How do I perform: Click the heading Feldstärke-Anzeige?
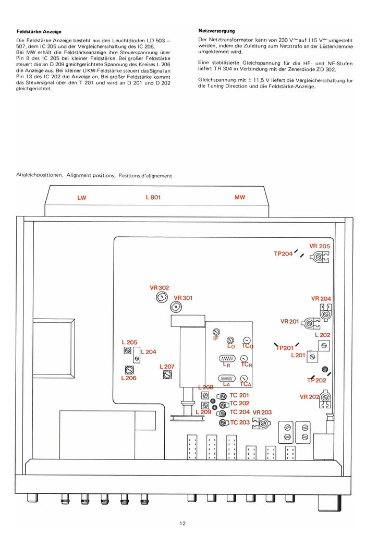click(x=39, y=32)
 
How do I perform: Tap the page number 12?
click(x=182, y=524)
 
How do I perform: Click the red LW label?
click(x=82, y=198)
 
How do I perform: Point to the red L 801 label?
click(x=153, y=197)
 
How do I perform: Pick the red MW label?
click(x=240, y=197)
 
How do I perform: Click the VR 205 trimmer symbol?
click(x=320, y=257)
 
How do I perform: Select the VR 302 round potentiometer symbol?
click(x=162, y=297)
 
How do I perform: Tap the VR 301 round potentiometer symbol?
click(x=176, y=307)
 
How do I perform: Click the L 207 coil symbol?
click(x=167, y=374)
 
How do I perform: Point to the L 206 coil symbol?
click(x=129, y=370)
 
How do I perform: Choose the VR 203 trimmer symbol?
click(x=262, y=423)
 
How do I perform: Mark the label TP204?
click(x=283, y=254)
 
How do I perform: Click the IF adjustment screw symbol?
click(x=216, y=332)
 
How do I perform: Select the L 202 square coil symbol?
click(x=324, y=346)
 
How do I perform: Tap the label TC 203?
click(x=240, y=422)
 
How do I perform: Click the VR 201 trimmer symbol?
click(x=310, y=323)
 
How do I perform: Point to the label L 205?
click(x=129, y=342)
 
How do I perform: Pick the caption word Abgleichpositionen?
click(x=39, y=175)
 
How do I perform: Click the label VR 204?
click(x=321, y=299)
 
